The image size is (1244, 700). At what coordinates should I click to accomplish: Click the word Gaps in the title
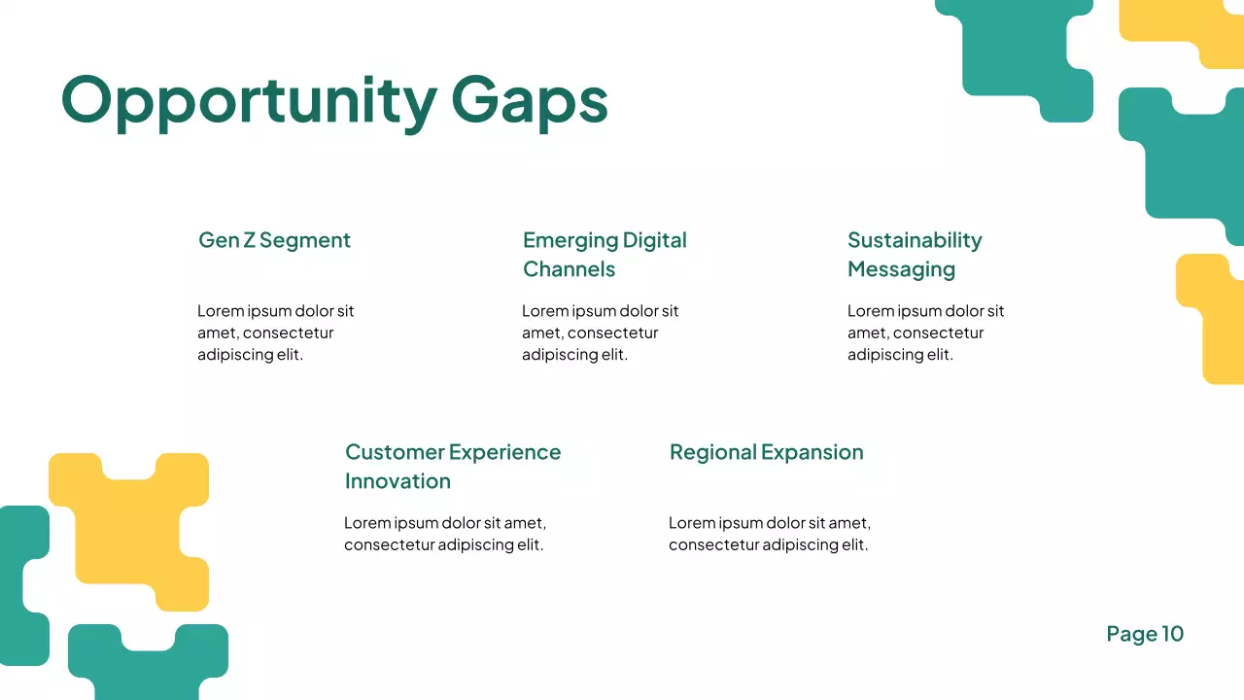pyautogui.click(x=530, y=100)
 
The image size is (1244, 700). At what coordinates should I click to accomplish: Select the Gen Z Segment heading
pyautogui.click(x=274, y=240)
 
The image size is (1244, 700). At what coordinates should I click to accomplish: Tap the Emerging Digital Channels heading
pyautogui.click(x=605, y=254)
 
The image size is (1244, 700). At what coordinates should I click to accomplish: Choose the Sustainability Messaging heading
pyautogui.click(x=915, y=254)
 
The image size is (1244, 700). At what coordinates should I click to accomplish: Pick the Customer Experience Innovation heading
pyautogui.click(x=453, y=466)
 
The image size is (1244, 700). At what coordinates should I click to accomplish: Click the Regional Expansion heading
pyautogui.click(x=766, y=452)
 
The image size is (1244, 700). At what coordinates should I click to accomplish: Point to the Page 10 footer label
pyautogui.click(x=1145, y=634)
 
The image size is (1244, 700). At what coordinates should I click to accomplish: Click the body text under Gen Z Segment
pyautogui.click(x=275, y=332)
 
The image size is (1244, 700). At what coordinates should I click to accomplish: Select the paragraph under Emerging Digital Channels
pyautogui.click(x=600, y=332)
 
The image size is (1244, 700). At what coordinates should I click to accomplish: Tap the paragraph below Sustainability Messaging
pyautogui.click(x=925, y=332)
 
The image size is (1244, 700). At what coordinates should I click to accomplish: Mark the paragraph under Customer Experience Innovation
pyautogui.click(x=444, y=534)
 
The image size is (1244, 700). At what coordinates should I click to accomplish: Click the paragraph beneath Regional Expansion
pyautogui.click(x=769, y=534)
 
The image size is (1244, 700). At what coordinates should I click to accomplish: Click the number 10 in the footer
pyautogui.click(x=1172, y=634)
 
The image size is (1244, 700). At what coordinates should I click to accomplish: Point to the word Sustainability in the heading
pyautogui.click(x=915, y=240)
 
